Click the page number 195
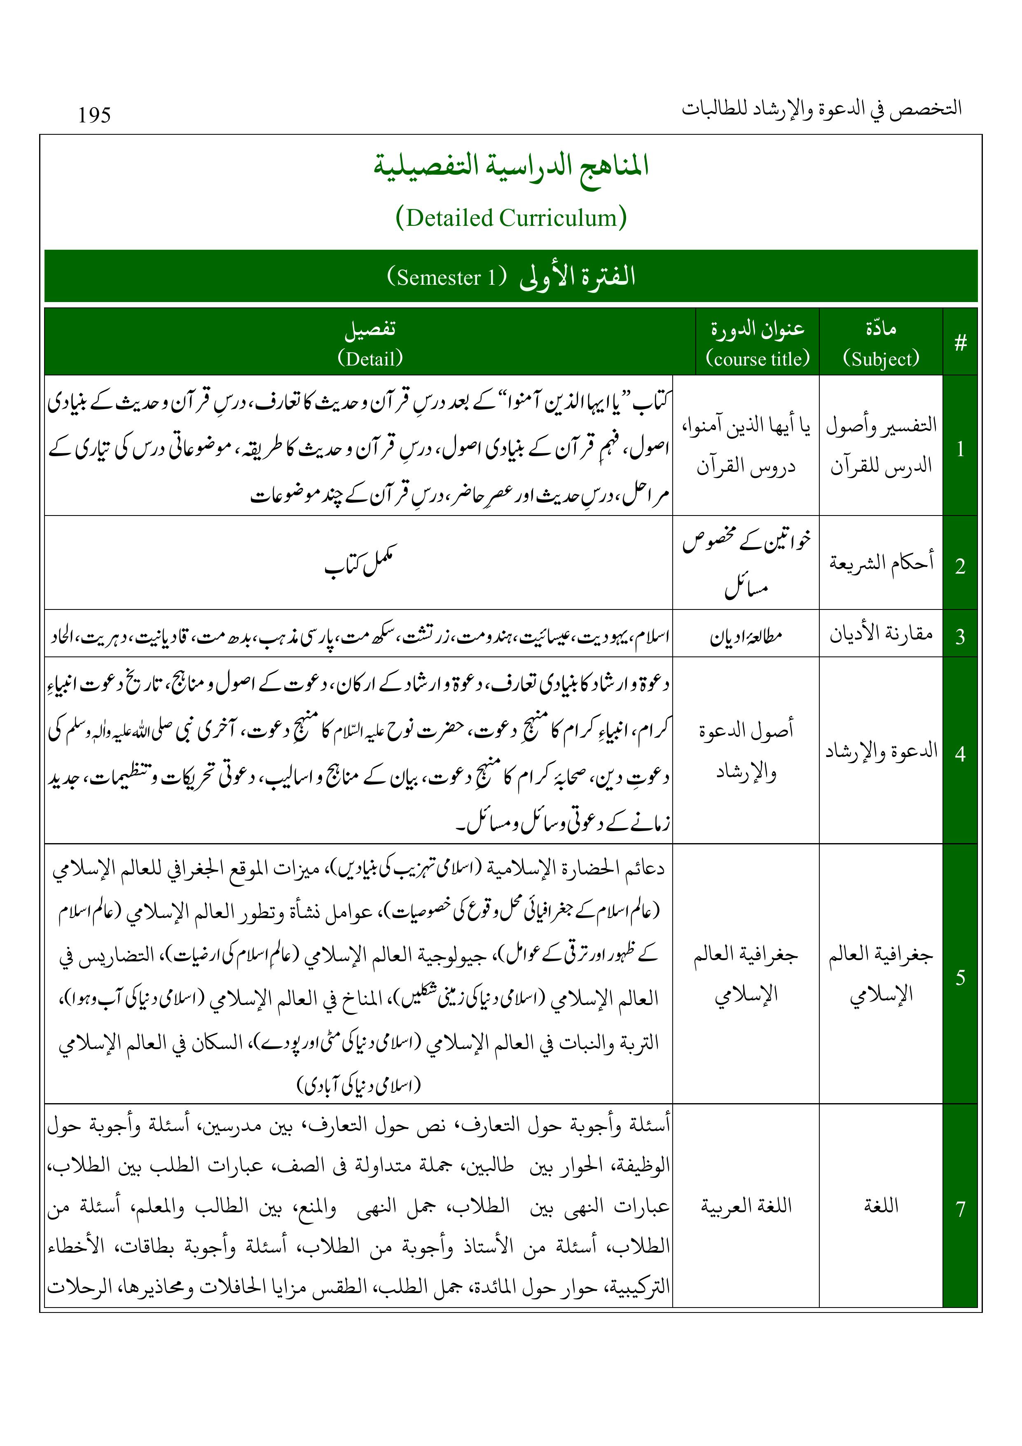coord(94,115)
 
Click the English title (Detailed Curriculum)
coord(511,218)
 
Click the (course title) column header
coord(758,359)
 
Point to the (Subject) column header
coord(881,359)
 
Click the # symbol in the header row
coord(960,343)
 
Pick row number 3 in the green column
coord(960,637)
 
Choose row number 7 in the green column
coord(960,1209)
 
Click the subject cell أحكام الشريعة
coord(881,562)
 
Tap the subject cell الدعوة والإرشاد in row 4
coord(881,751)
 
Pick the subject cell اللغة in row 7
coord(881,1206)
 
